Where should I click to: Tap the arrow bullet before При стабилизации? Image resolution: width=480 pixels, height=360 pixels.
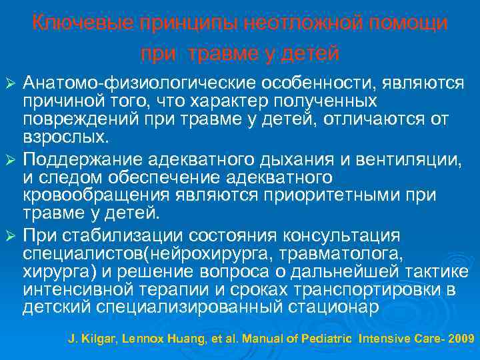10,236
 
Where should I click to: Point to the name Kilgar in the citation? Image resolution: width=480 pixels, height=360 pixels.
93,339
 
